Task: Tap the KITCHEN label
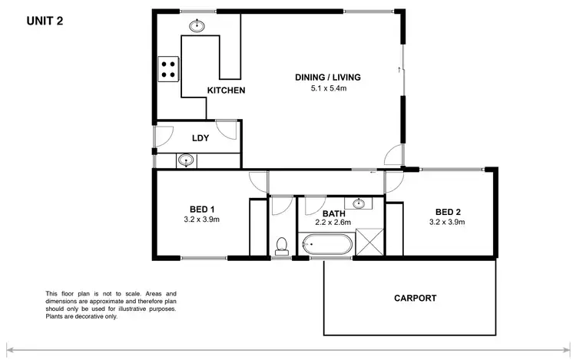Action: pyautogui.click(x=226, y=91)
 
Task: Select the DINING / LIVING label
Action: pyautogui.click(x=328, y=78)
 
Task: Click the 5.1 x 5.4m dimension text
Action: pyautogui.click(x=328, y=89)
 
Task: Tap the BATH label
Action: pyautogui.click(x=333, y=213)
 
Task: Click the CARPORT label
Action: pyautogui.click(x=415, y=298)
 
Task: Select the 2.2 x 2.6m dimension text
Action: pyautogui.click(x=333, y=223)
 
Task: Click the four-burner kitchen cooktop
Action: pyautogui.click(x=167, y=69)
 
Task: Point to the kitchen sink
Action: pyautogui.click(x=197, y=25)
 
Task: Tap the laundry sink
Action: pyautogui.click(x=185, y=160)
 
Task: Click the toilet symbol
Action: pyautogui.click(x=281, y=246)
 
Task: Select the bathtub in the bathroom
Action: pyautogui.click(x=328, y=247)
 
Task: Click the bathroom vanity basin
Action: pyautogui.click(x=359, y=203)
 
